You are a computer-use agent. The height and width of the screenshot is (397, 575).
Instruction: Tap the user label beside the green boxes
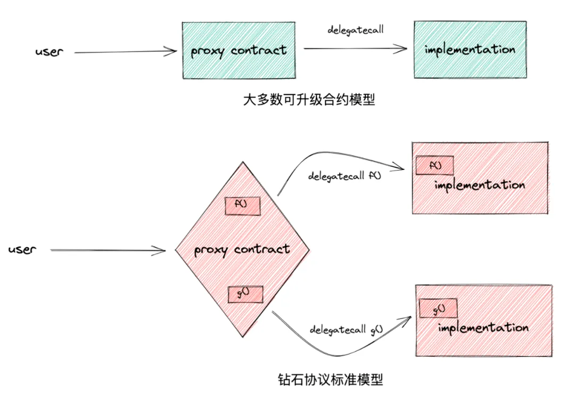coord(49,53)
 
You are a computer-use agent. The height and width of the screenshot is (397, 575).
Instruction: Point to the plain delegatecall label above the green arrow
coord(355,29)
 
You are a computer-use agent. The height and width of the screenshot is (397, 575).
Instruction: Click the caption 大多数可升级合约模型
coord(309,100)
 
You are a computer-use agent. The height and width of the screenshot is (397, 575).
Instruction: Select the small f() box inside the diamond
coord(242,206)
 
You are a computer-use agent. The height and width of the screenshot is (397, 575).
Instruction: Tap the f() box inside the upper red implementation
coord(435,166)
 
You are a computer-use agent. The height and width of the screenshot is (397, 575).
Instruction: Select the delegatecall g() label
coord(347,329)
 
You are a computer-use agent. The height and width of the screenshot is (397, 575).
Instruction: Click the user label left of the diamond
coord(22,249)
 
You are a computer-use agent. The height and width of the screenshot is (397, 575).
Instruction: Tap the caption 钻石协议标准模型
coord(330,379)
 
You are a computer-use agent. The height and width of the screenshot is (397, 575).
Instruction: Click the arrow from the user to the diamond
coord(106,250)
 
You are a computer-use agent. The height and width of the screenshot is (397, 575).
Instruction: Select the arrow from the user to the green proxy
coord(125,52)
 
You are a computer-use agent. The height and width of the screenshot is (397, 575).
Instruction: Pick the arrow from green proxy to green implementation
coord(354,49)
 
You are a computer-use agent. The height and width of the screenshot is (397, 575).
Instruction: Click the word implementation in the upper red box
coord(479,185)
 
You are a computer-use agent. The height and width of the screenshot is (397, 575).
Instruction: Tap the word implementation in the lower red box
coord(483,327)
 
